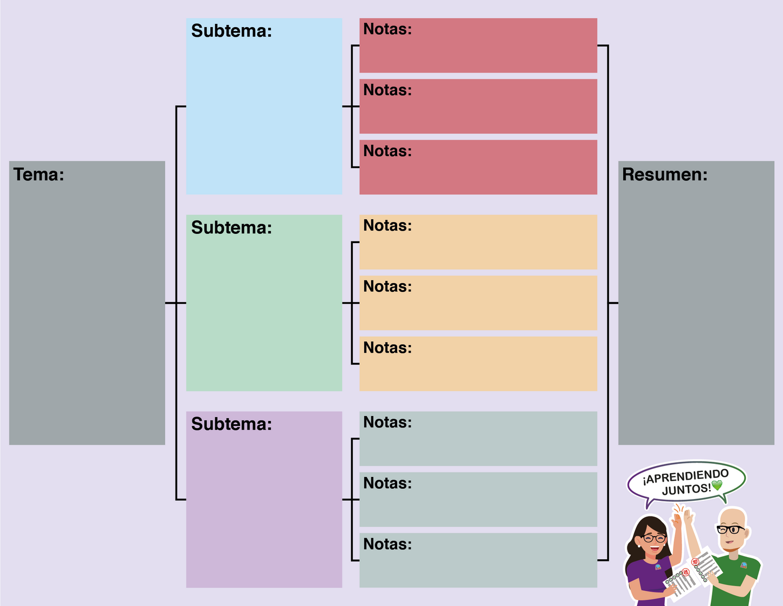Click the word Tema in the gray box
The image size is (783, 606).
pyautogui.click(x=38, y=175)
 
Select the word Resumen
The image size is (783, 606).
pyautogui.click(x=664, y=175)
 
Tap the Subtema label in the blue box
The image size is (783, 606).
pyautogui.click(x=231, y=31)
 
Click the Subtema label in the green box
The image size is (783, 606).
pyautogui.click(x=231, y=228)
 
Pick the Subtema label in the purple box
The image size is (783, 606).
pyautogui.click(x=231, y=424)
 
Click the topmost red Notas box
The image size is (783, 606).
pyautogui.click(x=478, y=46)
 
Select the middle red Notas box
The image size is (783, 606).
pyautogui.click(x=478, y=106)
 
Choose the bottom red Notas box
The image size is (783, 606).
pyautogui.click(x=478, y=167)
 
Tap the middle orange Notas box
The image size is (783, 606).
pyautogui.click(x=478, y=303)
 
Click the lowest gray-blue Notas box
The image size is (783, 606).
pyautogui.click(x=478, y=560)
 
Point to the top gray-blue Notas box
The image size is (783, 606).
pyautogui.click(x=478, y=438)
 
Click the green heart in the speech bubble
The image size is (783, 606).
pyautogui.click(x=717, y=486)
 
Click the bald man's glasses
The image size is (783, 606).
pyautogui.click(x=730, y=529)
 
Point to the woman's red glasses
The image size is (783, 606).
pyautogui.click(x=653, y=538)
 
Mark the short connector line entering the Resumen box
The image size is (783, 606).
pyautogui.click(x=613, y=303)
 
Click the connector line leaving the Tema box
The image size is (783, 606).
pyautogui.click(x=170, y=303)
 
